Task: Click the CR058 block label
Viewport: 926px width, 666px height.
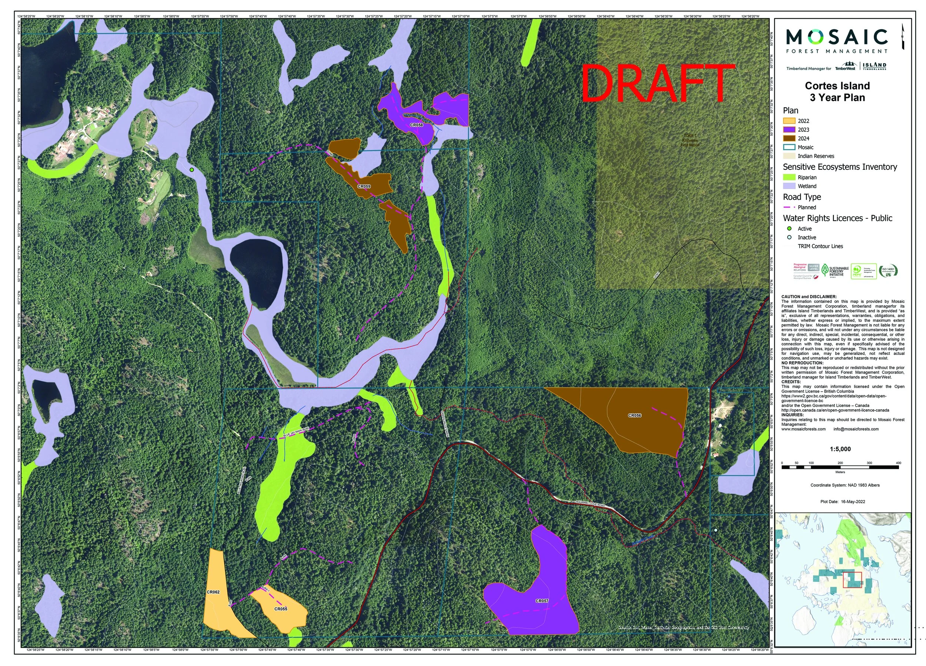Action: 416,125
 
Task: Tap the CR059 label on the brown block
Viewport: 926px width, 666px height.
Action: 364,186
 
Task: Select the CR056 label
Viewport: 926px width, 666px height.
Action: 634,416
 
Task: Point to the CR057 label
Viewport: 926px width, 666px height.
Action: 542,601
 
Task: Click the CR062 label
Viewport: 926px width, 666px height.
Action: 213,592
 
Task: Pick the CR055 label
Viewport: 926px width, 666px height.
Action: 280,609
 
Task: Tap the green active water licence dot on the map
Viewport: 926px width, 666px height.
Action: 191,170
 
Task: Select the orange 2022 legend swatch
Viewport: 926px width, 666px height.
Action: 789,121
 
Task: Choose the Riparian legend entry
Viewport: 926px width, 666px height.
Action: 807,177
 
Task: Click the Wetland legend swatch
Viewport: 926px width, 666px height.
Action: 789,186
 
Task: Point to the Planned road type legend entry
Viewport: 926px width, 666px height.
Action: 806,207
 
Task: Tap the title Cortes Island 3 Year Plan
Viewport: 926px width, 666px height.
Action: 837,91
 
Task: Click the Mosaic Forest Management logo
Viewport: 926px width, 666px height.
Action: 837,41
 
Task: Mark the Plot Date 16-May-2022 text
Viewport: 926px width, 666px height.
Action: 842,502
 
